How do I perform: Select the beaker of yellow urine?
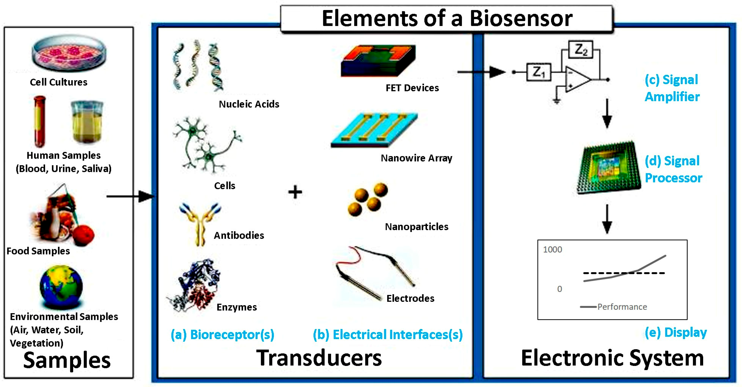[87, 122]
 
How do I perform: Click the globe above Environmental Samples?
[61, 287]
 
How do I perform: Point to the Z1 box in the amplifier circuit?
[538, 72]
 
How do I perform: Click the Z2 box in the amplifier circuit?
[580, 50]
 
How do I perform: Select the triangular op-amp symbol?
[577, 79]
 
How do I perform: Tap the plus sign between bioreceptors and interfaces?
[295, 192]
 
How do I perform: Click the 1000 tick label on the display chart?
[552, 250]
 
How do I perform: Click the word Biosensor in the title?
[521, 19]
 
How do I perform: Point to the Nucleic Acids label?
[249, 104]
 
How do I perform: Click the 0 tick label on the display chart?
[559, 289]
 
